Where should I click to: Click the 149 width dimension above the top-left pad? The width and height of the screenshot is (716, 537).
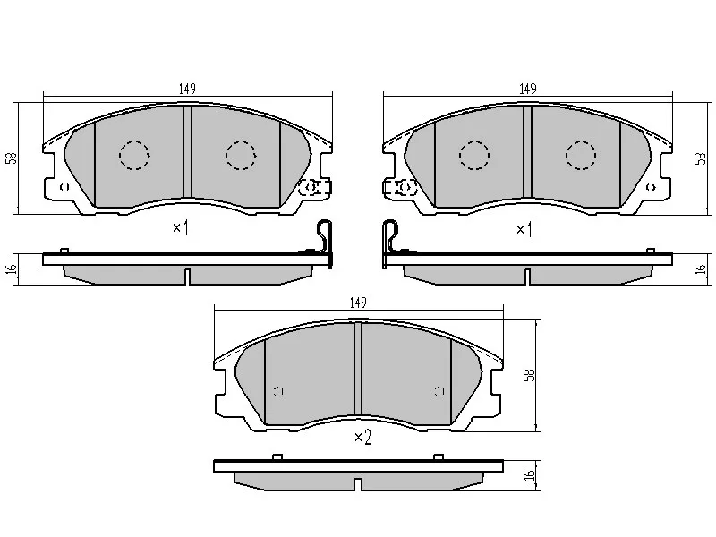click(x=187, y=89)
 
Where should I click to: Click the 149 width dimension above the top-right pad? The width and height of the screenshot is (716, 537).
click(x=527, y=89)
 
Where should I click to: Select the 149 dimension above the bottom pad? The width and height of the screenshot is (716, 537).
click(x=358, y=303)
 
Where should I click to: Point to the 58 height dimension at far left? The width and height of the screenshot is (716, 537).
click(x=12, y=158)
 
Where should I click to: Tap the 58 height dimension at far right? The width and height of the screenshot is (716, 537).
click(x=700, y=158)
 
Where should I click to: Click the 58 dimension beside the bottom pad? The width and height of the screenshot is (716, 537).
click(x=529, y=375)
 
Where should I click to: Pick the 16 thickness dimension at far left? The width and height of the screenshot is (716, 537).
click(x=13, y=268)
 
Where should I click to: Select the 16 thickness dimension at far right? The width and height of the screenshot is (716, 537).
click(x=700, y=268)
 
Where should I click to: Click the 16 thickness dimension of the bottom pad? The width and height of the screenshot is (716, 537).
click(x=529, y=474)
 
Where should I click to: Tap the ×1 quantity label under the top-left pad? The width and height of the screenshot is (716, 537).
click(x=181, y=227)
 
